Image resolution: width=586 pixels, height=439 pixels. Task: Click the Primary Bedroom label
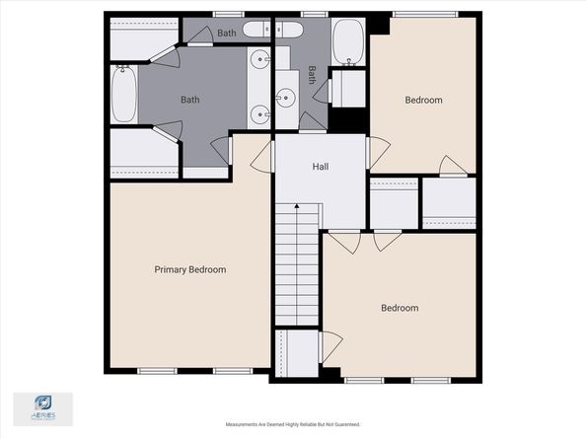[189, 269]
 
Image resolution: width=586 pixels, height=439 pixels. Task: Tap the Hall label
[321, 167]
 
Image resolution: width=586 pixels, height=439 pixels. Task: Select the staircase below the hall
[297, 266]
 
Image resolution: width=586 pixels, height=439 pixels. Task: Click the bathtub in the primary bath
[123, 93]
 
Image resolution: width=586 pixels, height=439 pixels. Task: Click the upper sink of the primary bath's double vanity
[261, 60]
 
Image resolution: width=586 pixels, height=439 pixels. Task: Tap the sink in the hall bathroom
[285, 97]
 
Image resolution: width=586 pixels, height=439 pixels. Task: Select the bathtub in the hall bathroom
[347, 41]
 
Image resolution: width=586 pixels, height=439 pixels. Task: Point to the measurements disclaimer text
[293, 425]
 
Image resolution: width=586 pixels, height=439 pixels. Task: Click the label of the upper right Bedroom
[423, 100]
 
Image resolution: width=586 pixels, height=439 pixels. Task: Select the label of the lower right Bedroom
[400, 308]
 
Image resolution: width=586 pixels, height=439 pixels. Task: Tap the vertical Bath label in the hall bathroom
[312, 74]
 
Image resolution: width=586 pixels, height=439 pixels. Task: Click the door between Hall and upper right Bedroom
[377, 153]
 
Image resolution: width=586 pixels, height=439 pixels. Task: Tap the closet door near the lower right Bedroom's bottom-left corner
[330, 346]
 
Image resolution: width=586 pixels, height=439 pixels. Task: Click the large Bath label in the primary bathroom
[190, 100]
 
